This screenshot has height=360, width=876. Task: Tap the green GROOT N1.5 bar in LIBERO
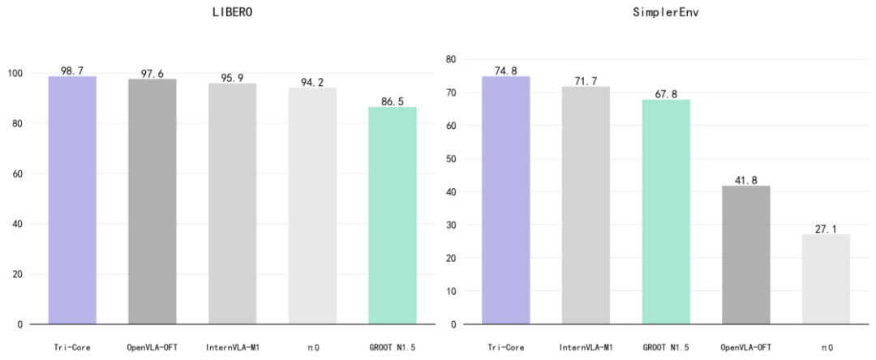point(392,216)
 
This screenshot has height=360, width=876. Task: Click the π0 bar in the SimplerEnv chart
point(826,279)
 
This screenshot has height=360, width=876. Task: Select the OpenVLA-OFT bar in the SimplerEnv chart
point(745,255)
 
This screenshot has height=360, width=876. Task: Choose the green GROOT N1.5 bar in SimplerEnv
point(666,212)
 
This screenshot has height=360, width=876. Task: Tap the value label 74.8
point(505,71)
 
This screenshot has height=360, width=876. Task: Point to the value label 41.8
point(745,180)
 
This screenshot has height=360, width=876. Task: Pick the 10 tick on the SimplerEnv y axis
point(453,291)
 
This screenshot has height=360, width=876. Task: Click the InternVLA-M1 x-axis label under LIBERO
point(232,347)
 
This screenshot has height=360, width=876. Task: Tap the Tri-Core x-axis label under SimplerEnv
point(505,347)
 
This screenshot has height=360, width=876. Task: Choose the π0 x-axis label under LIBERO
point(311,347)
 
